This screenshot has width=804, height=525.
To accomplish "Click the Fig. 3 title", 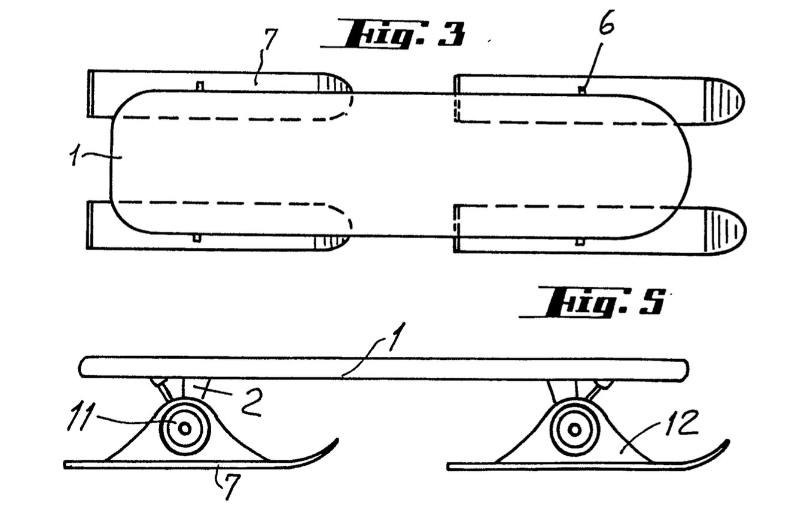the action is point(393,34).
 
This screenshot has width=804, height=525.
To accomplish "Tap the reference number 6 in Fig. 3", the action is point(606,22).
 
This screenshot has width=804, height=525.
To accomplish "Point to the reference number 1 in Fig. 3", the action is point(74,157).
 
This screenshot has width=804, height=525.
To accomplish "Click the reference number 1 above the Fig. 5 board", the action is point(397,336).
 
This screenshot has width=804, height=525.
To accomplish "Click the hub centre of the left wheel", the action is point(185,429).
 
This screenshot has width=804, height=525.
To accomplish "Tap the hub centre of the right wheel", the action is point(575,429).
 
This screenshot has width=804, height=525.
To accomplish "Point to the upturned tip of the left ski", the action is point(337,439).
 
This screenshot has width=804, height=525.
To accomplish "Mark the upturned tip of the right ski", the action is point(727,441).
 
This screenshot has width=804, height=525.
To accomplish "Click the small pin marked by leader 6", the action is point(582,90).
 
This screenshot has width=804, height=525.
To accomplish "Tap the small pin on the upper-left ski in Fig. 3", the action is point(200,86).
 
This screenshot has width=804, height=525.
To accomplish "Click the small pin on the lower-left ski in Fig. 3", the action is point(196,238).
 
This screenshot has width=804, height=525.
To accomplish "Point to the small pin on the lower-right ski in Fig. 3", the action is point(580,242).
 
